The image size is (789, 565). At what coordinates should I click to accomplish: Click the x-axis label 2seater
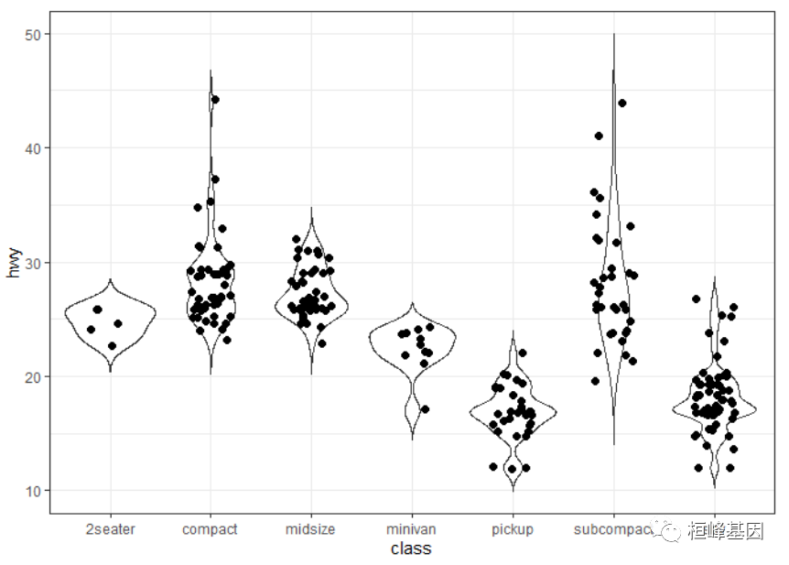[110, 529]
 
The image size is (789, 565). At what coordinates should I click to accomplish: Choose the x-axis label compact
[210, 529]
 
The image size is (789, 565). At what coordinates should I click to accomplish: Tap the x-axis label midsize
[310, 529]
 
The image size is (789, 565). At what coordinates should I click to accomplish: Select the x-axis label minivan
[411, 529]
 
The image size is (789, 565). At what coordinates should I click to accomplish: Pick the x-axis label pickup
[512, 529]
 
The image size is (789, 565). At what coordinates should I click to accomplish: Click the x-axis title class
[411, 549]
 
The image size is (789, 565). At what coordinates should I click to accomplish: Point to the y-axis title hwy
[14, 263]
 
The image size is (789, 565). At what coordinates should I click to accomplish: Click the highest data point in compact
[215, 100]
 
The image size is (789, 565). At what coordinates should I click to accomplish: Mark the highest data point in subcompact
[622, 103]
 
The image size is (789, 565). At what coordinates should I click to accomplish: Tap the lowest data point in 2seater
[112, 346]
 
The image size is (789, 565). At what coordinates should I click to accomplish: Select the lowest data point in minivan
[425, 409]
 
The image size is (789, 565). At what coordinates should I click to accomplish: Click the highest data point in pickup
[523, 353]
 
